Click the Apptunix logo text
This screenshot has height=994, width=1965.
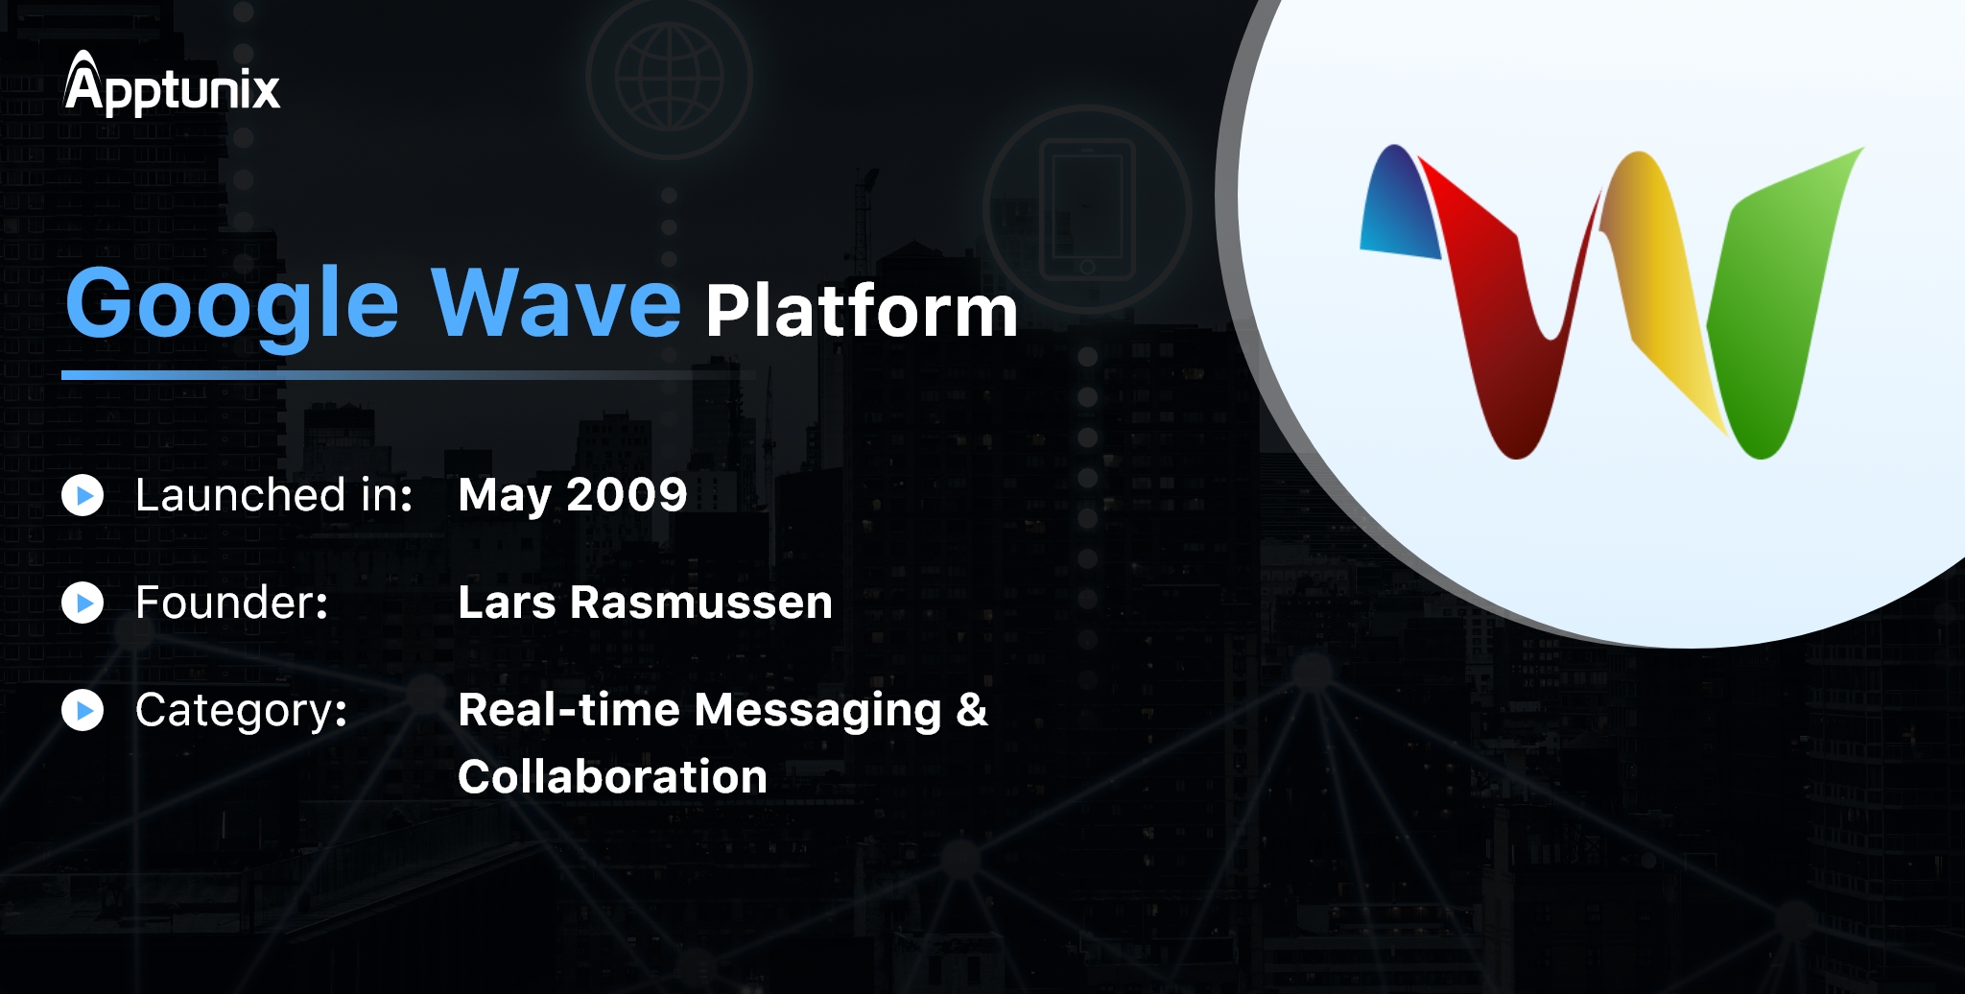click(x=172, y=83)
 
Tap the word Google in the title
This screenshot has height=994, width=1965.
click(x=231, y=305)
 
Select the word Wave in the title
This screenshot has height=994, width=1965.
click(x=556, y=302)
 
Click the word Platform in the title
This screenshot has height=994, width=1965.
click(x=862, y=313)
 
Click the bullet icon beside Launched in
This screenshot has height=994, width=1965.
click(x=83, y=495)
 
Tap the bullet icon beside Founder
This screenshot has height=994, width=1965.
click(x=83, y=603)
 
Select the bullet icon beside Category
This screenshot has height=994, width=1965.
click(x=83, y=710)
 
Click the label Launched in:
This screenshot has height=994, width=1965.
click(x=274, y=495)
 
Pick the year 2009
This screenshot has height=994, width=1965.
click(x=627, y=495)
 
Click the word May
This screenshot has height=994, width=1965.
click(x=505, y=497)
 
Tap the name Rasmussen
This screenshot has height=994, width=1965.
click(x=701, y=603)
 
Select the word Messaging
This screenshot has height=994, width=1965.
click(x=817, y=712)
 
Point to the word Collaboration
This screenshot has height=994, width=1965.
click(x=612, y=776)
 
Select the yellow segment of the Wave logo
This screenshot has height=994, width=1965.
click(x=1660, y=278)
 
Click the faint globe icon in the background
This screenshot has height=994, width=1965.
click(x=669, y=77)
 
